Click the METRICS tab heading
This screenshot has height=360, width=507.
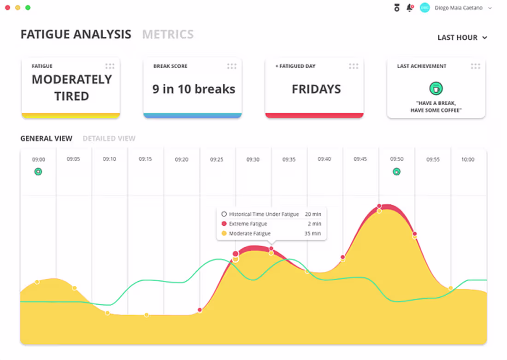tap(168, 35)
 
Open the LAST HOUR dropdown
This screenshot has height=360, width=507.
tap(462, 38)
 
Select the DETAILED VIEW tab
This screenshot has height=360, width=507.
tap(109, 138)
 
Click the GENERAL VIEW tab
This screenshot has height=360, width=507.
tap(46, 138)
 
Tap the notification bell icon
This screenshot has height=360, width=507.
tap(409, 8)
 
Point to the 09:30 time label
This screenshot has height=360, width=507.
tap(253, 159)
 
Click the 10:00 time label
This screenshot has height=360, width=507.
tap(468, 159)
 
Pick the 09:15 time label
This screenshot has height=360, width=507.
tap(145, 159)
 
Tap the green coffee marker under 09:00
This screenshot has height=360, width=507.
tap(38, 171)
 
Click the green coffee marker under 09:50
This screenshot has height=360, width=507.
tap(396, 171)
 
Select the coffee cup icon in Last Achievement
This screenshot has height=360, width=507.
tap(436, 88)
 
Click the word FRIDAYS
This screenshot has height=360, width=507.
tap(316, 89)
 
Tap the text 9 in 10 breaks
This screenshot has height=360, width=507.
tap(194, 89)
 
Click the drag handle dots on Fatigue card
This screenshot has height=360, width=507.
tap(110, 66)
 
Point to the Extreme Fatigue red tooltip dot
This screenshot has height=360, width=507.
tap(224, 224)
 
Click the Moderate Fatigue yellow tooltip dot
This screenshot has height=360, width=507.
tap(224, 234)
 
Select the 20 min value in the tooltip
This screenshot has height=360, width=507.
tap(313, 214)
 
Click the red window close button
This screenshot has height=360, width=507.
tap(7, 8)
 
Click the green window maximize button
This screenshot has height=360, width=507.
tap(28, 8)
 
